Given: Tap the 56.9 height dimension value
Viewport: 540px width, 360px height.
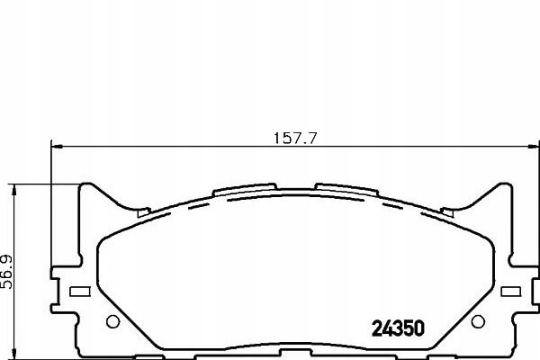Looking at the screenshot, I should tap(9, 269).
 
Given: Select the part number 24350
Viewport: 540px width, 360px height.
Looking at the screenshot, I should tap(397, 328).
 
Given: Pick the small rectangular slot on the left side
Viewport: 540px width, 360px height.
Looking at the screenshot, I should tap(79, 292).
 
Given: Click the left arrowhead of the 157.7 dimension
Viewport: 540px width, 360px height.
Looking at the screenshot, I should tap(55, 147).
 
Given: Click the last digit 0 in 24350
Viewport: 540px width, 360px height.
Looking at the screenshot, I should tap(418, 328).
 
